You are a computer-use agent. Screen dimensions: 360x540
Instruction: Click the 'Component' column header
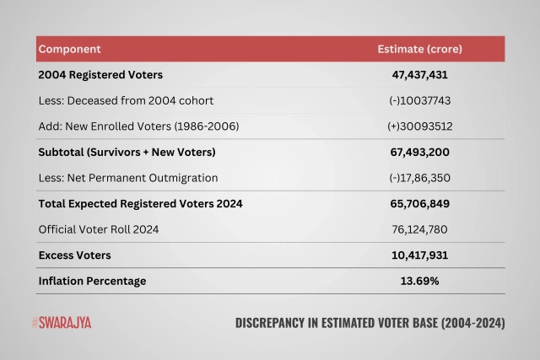click(69, 49)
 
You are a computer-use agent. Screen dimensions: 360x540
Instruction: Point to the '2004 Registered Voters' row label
click(100, 74)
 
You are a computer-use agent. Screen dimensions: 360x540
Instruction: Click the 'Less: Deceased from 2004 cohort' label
click(126, 100)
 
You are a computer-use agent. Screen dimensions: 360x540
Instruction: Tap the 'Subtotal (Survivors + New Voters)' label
click(127, 152)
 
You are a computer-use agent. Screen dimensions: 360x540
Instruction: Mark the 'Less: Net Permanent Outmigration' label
click(128, 178)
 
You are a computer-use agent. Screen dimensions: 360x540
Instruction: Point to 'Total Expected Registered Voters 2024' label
click(140, 203)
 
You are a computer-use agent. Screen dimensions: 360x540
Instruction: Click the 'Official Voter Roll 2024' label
click(98, 229)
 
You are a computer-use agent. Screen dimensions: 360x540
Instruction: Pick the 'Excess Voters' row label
click(74, 255)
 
